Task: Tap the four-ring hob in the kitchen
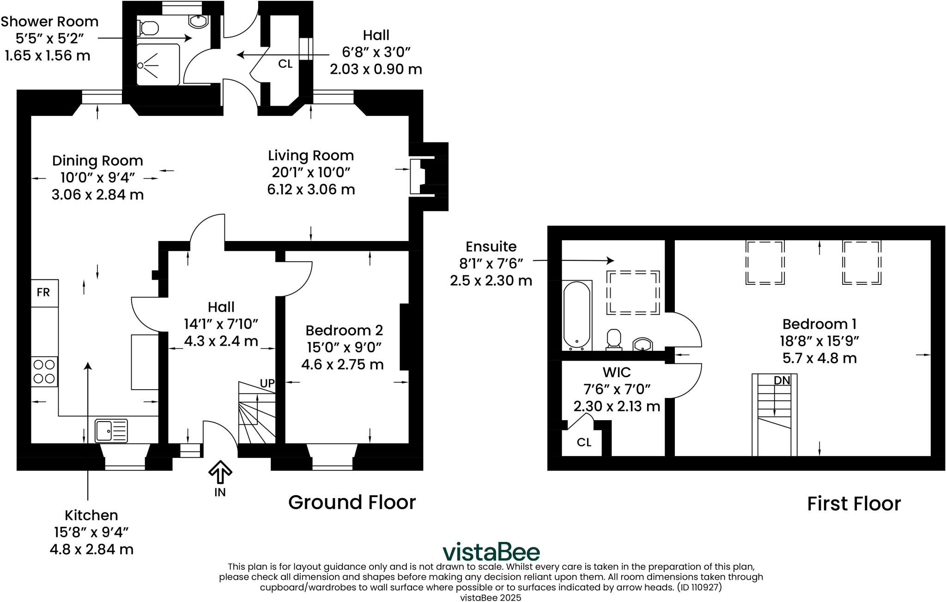tap(44, 372)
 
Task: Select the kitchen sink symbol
tap(111, 430)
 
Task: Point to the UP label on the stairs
tap(267, 383)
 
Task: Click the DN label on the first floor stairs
tap(782, 380)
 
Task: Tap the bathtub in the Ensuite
tap(577, 315)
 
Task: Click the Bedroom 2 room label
tap(344, 331)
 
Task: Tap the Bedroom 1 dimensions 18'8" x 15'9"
tap(819, 341)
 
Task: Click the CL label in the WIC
tap(584, 442)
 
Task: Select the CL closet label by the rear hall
tap(285, 64)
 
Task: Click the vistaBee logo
tap(491, 552)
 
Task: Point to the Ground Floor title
tap(352, 502)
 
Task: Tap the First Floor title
tap(854, 504)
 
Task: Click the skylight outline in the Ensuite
tap(633, 293)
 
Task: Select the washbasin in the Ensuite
tap(643, 344)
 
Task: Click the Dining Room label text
tap(97, 161)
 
